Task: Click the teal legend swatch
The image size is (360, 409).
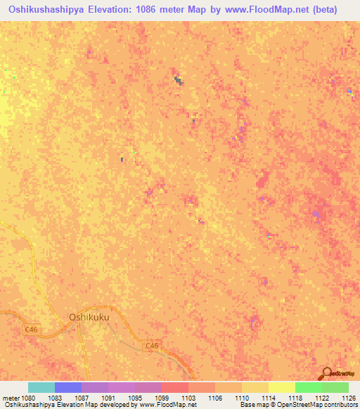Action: pos(41,387)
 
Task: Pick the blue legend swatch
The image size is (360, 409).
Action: pos(68,387)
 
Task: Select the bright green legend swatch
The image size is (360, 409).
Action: pos(308,387)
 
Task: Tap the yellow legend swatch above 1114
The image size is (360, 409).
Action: pos(255,387)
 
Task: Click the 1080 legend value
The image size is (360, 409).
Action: pos(27,397)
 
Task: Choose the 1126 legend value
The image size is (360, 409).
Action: pos(347,397)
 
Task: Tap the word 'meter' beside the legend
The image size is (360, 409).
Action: pos(10,397)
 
